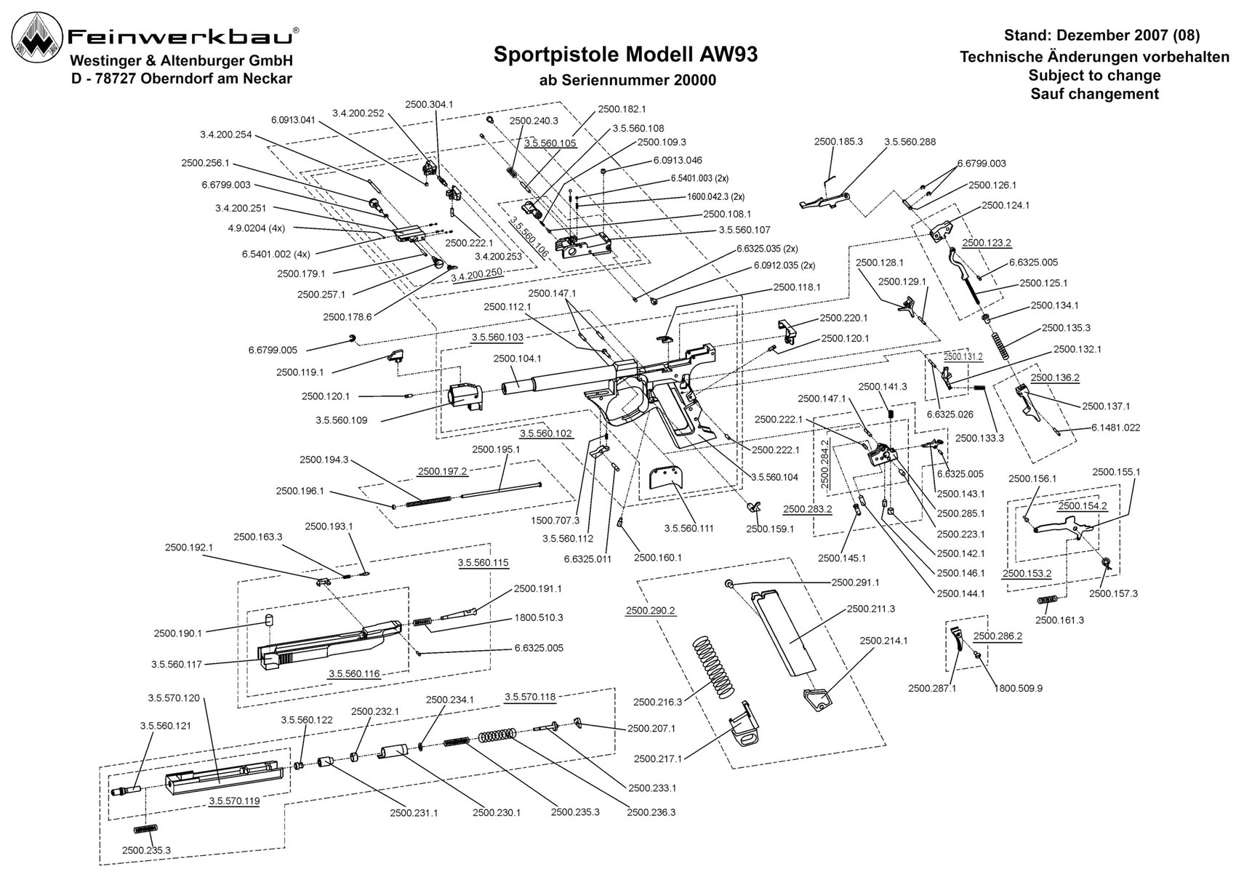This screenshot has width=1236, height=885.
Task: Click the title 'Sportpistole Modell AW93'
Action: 626,55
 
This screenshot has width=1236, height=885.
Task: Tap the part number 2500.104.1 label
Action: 518,359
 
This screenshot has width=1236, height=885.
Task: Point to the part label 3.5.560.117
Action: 177,665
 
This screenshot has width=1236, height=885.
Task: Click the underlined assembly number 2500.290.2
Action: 651,611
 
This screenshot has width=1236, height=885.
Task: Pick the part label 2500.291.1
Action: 855,582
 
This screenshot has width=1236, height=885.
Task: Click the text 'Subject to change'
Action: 1095,76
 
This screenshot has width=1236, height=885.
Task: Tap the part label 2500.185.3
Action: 838,141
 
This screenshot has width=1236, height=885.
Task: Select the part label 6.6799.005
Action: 273,350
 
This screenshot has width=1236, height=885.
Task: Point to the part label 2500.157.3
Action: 1114,593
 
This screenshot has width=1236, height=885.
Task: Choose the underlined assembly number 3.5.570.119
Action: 234,801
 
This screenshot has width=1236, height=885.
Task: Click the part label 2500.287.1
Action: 933,688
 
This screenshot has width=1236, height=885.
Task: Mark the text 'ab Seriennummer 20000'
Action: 627,81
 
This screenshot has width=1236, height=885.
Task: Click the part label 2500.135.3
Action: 1066,328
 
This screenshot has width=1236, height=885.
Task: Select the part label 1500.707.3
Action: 555,520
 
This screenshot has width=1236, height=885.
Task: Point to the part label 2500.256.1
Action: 205,163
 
